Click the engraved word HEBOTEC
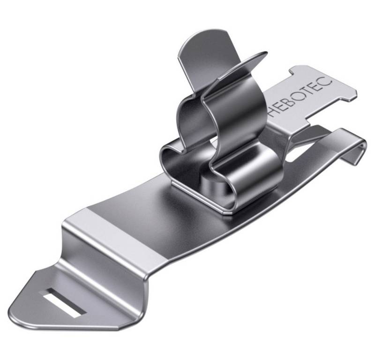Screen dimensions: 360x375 [x=300, y=97]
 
